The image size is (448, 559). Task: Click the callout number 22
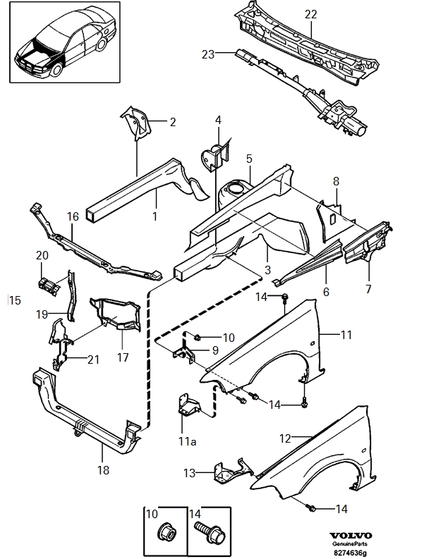[311, 14]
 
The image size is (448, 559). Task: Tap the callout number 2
[172, 122]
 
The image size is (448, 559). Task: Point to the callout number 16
[72, 216]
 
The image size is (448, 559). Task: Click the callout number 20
[42, 254]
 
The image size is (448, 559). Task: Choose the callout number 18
[103, 470]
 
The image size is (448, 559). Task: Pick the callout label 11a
[186, 442]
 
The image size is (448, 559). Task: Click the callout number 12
[284, 438]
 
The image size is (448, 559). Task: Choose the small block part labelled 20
[49, 284]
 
